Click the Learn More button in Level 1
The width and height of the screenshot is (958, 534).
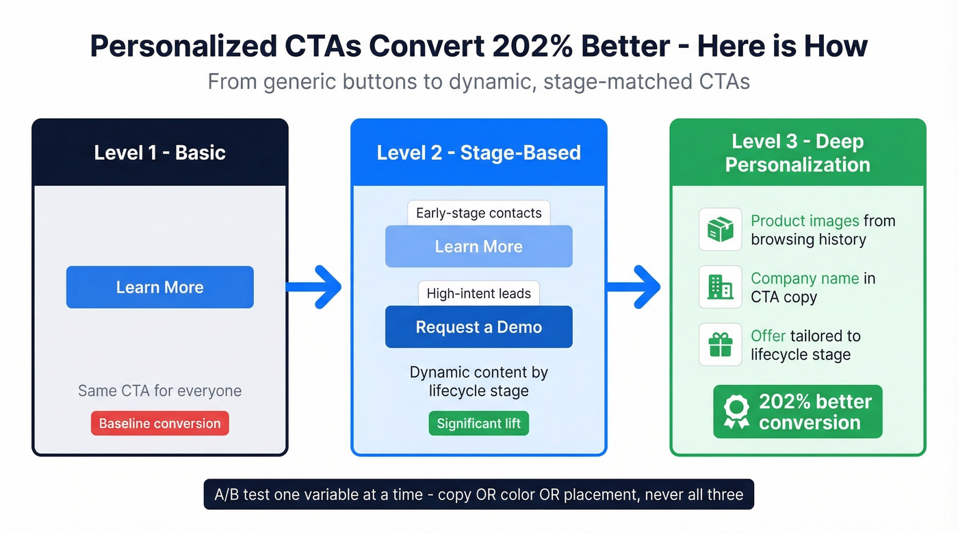click(159, 287)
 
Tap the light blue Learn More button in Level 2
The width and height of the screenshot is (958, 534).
click(478, 246)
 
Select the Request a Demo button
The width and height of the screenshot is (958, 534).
click(478, 327)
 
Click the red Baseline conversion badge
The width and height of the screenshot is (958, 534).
click(159, 423)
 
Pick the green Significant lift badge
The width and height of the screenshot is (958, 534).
click(478, 423)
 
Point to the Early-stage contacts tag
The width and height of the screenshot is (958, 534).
click(478, 213)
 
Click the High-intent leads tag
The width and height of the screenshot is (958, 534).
click(478, 293)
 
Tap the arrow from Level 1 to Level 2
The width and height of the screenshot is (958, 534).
click(315, 287)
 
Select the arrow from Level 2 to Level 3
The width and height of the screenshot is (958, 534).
click(634, 287)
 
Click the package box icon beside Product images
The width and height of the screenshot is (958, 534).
click(720, 230)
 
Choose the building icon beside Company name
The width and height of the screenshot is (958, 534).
click(720, 287)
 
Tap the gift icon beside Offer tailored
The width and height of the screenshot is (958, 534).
click(720, 345)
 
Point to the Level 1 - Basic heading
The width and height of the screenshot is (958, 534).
click(159, 152)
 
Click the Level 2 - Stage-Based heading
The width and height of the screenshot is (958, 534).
click(478, 152)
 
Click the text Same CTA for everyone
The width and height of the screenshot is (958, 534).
click(159, 391)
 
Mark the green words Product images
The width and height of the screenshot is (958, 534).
click(805, 221)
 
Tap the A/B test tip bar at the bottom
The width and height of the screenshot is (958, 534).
click(478, 494)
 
